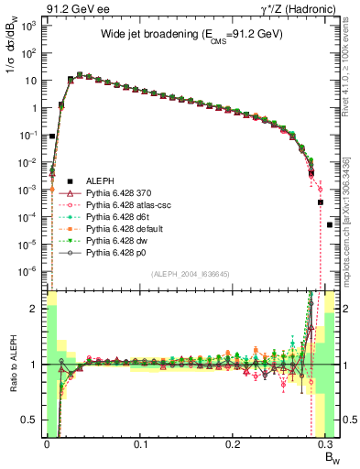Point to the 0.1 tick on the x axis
pos(140,442)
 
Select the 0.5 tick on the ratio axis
pos(27,420)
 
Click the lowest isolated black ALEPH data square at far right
pos(330,224)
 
